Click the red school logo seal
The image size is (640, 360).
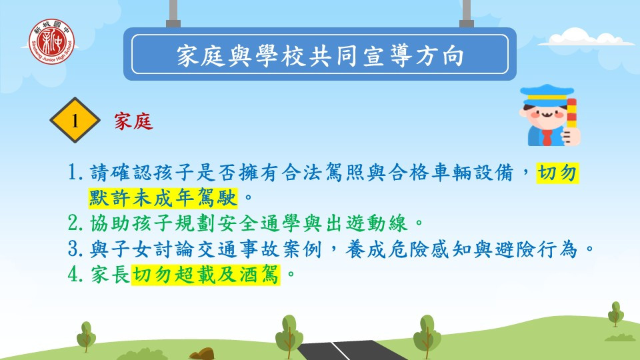[x=51, y=41]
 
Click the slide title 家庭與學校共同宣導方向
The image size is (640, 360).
[x=321, y=55]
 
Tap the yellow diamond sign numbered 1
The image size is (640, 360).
[x=75, y=120]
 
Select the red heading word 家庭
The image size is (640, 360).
[x=133, y=121]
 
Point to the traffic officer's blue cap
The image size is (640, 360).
[x=547, y=95]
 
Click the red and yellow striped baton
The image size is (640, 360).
[x=571, y=113]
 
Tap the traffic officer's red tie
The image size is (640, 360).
[x=547, y=137]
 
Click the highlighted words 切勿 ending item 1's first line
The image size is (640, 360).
[x=557, y=173]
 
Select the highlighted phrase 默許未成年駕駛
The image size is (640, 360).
[x=163, y=199]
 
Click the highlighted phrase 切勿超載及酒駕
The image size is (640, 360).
[x=206, y=274]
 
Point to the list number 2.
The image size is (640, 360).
[x=75, y=223]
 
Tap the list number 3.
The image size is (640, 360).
[x=75, y=249]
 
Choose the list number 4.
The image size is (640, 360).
[x=75, y=274]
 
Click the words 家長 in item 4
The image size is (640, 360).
[x=110, y=274]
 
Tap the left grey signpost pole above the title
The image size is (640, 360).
[x=173, y=14]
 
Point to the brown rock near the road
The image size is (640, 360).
[x=202, y=353]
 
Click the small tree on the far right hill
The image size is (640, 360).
[x=615, y=314]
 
